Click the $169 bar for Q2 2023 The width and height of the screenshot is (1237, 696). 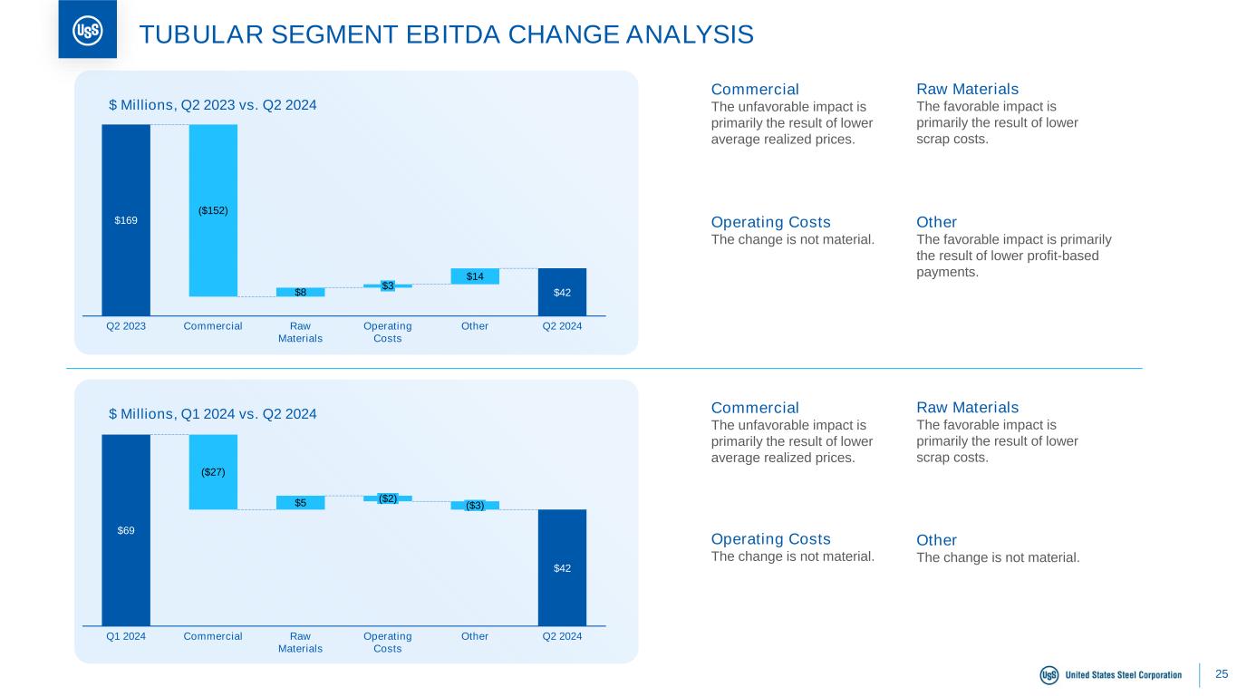[126, 219]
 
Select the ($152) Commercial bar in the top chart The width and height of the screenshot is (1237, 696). [213, 210]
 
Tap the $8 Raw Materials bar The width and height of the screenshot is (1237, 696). [300, 292]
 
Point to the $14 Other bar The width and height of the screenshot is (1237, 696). [475, 276]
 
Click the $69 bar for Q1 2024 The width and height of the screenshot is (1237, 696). [126, 530]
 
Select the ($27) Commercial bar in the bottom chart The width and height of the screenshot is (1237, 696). [213, 472]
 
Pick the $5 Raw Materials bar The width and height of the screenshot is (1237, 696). [300, 503]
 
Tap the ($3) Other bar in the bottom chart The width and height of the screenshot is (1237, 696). [475, 506]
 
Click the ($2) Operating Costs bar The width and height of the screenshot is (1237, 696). [388, 498]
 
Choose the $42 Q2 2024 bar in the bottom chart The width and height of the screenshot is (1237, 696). [562, 567]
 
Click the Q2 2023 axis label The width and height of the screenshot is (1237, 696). [126, 326]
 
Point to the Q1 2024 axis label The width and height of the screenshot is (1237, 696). [126, 636]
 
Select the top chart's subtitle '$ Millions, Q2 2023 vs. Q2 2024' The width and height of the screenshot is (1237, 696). [212, 105]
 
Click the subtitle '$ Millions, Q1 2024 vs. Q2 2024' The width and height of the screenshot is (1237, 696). [212, 414]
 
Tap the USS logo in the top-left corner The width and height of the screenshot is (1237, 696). [87, 31]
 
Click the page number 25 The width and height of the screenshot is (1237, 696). [1222, 674]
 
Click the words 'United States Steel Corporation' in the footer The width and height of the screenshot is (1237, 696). [1123, 675]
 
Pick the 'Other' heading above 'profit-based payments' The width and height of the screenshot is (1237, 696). [936, 222]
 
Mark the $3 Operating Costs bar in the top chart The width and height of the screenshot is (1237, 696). [388, 285]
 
